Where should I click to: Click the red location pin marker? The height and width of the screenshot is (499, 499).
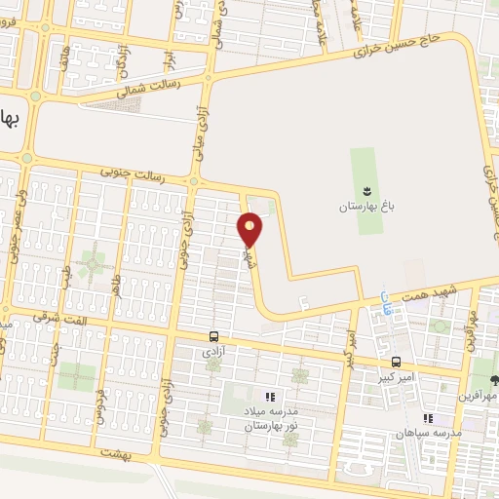coord(250,228)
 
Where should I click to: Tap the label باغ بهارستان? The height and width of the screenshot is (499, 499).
coord(364,207)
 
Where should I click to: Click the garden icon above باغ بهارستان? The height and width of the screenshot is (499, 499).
coord(365,189)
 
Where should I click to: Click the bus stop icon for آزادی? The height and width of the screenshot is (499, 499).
coord(213,336)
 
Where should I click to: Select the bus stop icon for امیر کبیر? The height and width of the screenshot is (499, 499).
coord(394,362)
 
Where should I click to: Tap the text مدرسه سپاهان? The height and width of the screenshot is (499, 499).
coord(427,432)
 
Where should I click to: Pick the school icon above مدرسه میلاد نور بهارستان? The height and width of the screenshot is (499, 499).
coord(270,398)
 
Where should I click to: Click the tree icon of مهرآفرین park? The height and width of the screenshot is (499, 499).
coord(492,381)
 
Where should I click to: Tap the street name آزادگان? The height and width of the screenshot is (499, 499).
coord(122,61)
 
